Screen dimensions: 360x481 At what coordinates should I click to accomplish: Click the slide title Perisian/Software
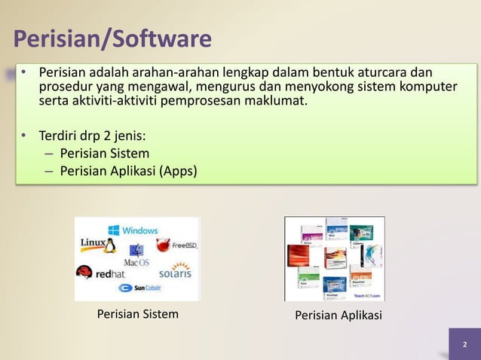tap(113, 38)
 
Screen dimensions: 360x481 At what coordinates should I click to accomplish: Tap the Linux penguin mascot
tap(110, 246)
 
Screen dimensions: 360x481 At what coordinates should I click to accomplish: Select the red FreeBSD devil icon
tap(163, 245)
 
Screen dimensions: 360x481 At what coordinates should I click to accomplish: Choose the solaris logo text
tap(174, 271)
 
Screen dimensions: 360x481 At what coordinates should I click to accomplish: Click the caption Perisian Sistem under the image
tap(138, 314)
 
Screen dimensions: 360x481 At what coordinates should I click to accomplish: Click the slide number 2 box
tap(464, 344)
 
